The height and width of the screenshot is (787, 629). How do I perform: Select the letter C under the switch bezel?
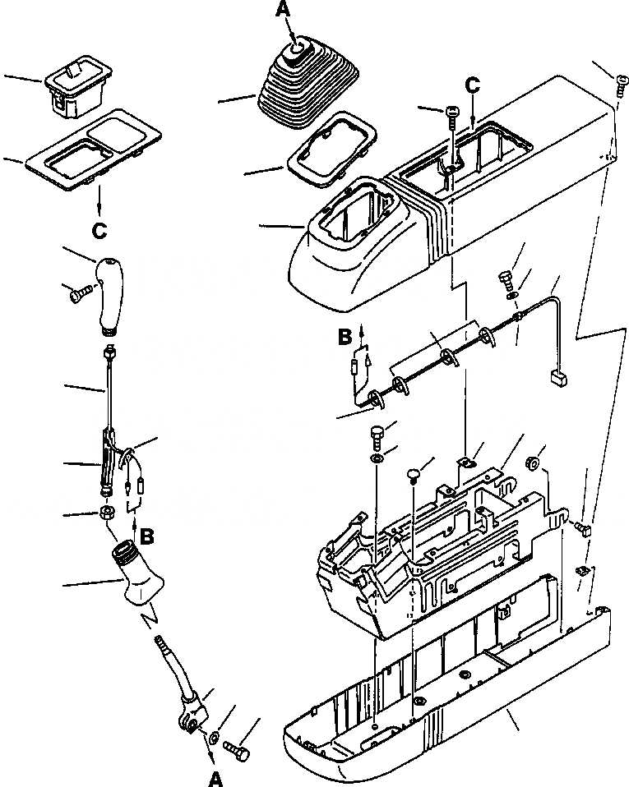(x=99, y=231)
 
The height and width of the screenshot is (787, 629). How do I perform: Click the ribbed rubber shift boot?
(x=303, y=90)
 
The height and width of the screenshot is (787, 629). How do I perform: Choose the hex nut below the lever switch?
(x=107, y=514)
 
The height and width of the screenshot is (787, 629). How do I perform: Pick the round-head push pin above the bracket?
(x=414, y=474)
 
